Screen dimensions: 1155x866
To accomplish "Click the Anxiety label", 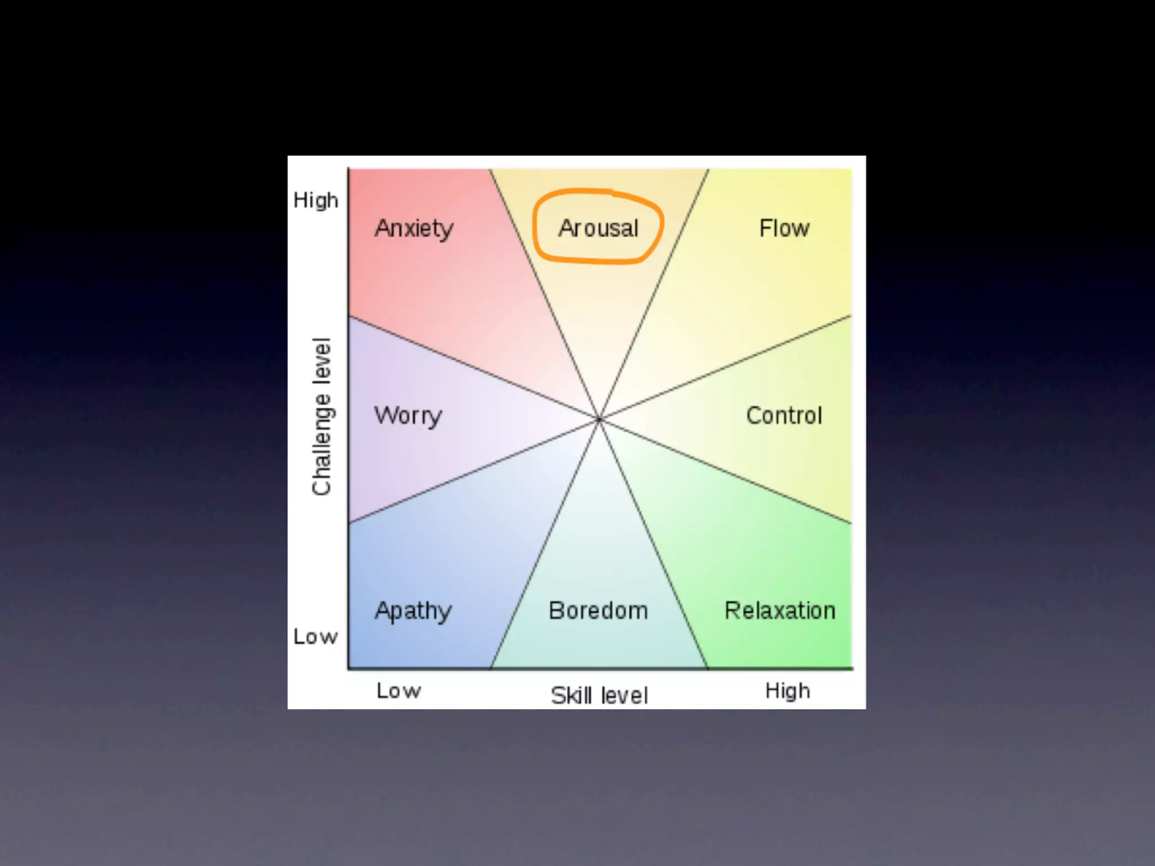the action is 414,228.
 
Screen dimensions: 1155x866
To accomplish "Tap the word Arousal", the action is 598,228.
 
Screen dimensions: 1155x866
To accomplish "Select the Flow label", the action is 784,228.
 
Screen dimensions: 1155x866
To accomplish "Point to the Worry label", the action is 408,416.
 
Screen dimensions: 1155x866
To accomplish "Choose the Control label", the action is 784,415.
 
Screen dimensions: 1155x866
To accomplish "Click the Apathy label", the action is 413,611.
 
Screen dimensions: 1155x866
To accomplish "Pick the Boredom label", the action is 598,610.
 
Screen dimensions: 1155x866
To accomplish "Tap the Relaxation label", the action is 779,610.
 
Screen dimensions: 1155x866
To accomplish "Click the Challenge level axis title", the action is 322,417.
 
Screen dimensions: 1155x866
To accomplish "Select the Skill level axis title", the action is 599,695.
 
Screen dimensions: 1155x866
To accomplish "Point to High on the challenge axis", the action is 316,200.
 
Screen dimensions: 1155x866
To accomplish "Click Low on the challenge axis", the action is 315,637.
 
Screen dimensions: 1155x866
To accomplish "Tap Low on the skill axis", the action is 399,691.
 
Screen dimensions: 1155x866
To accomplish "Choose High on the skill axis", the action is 787,691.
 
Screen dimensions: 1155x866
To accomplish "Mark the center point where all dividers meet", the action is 599,419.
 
